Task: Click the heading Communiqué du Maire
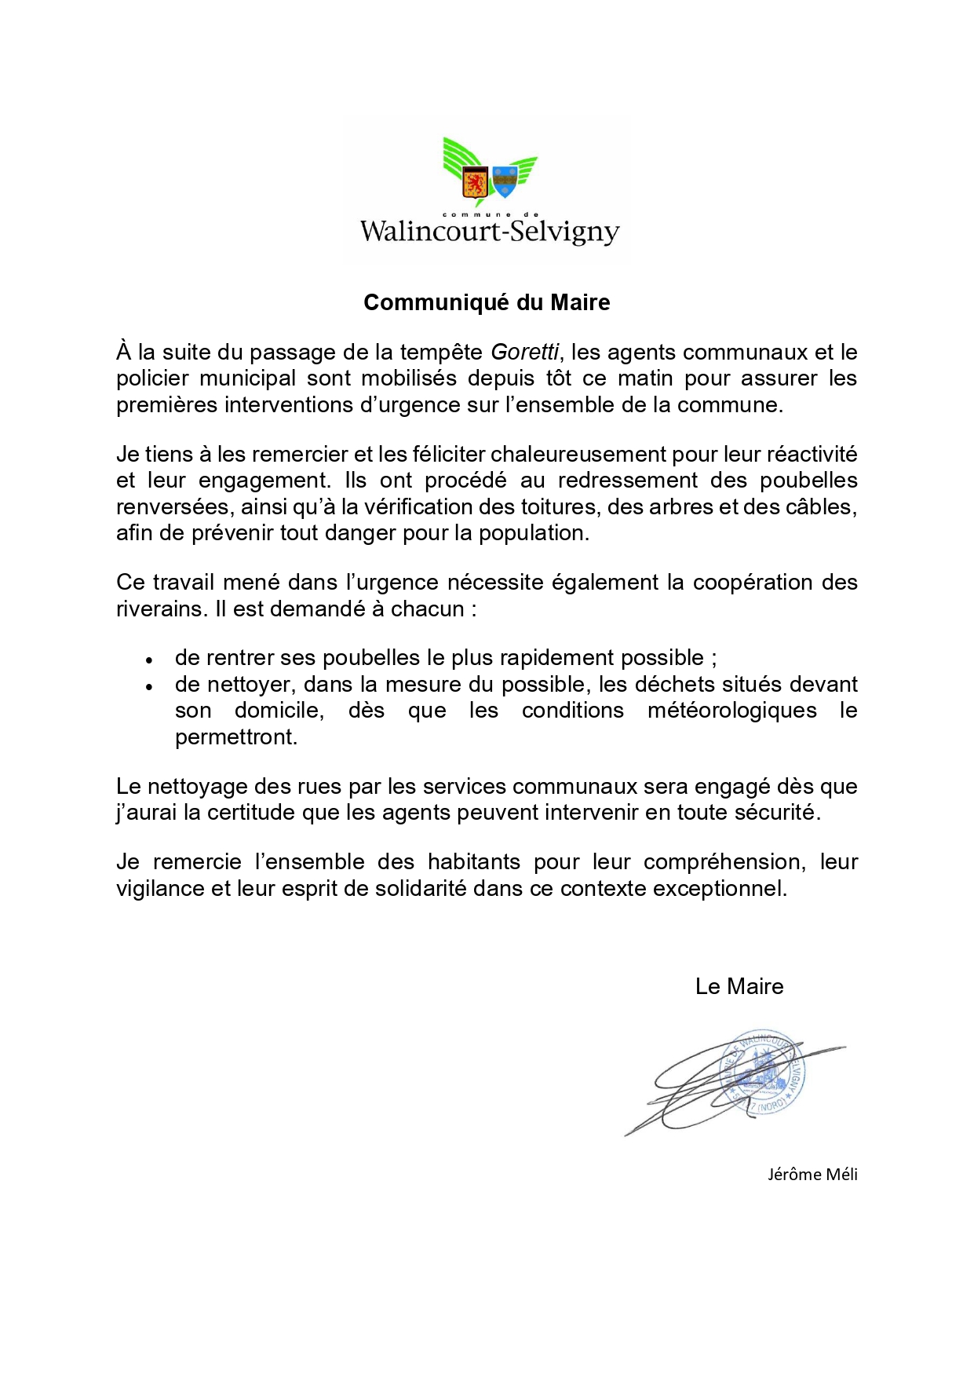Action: pos(487,302)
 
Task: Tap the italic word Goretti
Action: pos(524,353)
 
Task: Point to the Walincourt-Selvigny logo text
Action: pos(490,232)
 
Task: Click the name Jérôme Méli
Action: pos(812,1175)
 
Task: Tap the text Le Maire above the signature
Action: pos(739,987)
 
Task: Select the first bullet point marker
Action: pos(148,660)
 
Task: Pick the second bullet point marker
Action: pos(148,686)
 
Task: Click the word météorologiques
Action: pos(731,711)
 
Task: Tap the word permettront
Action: pos(236,737)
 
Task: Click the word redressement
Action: pos(628,481)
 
